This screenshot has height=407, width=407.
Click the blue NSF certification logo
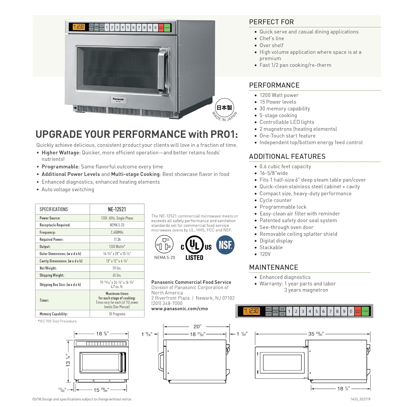click(225, 245)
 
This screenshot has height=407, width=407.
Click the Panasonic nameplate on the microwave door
click(118, 100)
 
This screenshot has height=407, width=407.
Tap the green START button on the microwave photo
click(167, 27)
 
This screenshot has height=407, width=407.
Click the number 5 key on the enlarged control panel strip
click(316, 311)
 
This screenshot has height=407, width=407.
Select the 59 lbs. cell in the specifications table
click(117, 268)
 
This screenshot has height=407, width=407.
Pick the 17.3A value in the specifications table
click(117, 239)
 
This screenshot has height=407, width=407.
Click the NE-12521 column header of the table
click(117, 209)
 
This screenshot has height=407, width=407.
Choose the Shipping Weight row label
click(52, 275)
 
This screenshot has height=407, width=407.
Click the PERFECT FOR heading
click(271, 22)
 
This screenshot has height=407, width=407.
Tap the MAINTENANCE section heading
click(274, 267)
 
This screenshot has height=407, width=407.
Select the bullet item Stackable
click(271, 247)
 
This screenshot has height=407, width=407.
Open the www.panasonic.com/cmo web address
click(180, 309)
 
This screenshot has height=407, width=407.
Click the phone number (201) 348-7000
click(167, 303)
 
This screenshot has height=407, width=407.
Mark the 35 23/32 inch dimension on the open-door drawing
click(316, 334)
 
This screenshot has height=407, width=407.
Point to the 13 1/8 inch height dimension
click(68, 360)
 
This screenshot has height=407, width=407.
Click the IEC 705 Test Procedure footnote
click(57, 321)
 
